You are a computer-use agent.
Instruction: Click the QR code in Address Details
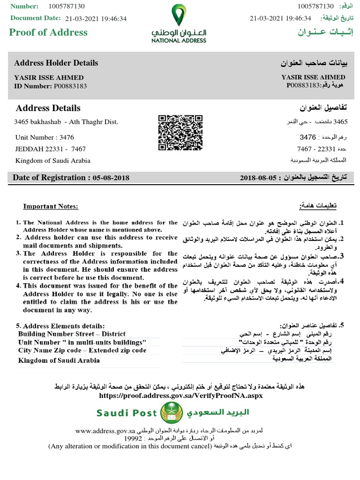[180, 133]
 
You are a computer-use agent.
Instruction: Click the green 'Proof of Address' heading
[49, 32]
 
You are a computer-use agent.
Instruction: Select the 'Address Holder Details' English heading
[56, 63]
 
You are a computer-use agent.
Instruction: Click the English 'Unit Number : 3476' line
[45, 137]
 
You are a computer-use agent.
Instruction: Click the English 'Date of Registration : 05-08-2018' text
[71, 178]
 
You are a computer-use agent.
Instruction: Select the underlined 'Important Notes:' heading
[51, 207]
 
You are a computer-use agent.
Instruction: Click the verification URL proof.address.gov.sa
[180, 395]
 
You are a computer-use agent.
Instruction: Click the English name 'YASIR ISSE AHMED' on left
[49, 77]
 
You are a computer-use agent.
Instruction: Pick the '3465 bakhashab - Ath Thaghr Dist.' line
[66, 122]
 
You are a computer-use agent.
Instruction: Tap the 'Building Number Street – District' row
[72, 334]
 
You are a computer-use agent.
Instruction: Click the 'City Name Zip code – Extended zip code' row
[82, 350]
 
